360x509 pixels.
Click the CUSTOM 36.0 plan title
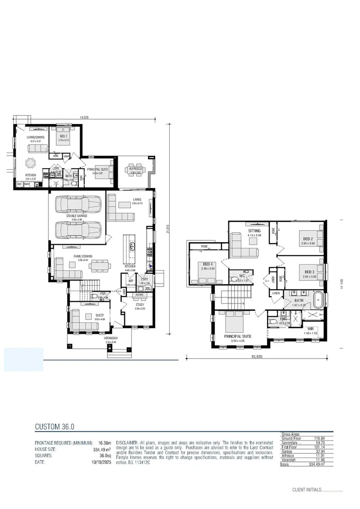coord(55,427)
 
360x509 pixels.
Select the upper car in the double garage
coord(79,204)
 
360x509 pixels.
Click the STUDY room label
coord(140,304)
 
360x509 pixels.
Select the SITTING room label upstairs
coord(254,231)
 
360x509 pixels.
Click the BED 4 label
coord(208,264)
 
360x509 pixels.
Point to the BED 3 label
coord(309,272)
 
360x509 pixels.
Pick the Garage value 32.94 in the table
coord(326,451)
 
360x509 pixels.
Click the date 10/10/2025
coord(100,463)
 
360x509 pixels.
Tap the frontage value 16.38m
coord(104,443)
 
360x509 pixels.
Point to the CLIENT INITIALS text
coord(307,490)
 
